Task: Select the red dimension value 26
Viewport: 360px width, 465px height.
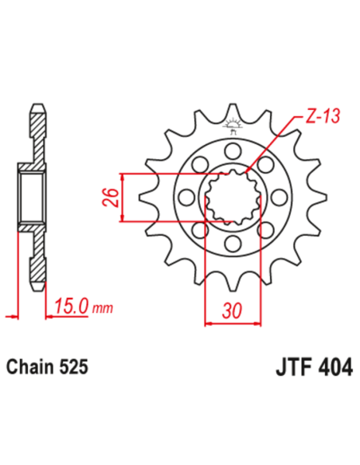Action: tap(113, 197)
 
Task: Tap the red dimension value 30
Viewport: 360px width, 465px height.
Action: tap(233, 311)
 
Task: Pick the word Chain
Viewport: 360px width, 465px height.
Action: tap(29, 367)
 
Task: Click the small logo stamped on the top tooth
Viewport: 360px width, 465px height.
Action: tap(233, 123)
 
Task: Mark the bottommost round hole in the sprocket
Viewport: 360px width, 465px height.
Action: tap(233, 243)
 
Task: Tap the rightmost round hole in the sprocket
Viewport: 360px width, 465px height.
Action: tap(280, 197)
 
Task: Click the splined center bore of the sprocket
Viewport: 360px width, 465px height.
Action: tap(233, 197)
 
